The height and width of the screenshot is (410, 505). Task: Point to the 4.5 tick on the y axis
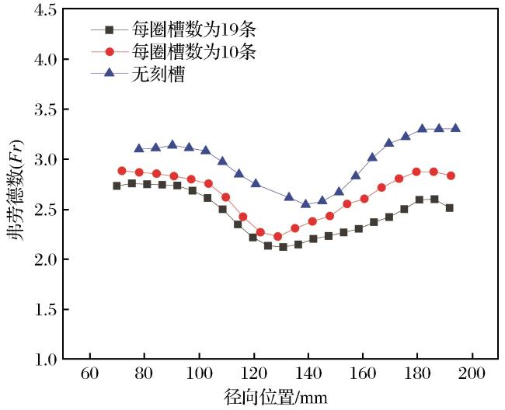pos(45,9)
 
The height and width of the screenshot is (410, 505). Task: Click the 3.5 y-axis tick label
pos(45,109)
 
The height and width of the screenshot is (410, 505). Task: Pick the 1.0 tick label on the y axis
pos(45,359)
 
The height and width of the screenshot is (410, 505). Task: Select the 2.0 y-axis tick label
pos(45,259)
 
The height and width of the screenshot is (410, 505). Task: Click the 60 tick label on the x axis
pos(90,374)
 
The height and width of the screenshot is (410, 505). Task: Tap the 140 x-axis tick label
pos(308,374)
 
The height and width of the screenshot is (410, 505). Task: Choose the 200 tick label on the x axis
pos(472,374)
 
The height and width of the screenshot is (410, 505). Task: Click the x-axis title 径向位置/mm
pos(276,397)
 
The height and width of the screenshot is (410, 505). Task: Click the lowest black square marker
pos(283,247)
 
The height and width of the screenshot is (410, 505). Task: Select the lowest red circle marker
pos(277,237)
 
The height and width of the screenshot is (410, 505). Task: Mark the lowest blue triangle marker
pos(306,203)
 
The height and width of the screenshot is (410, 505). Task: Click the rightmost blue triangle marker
pos(456,128)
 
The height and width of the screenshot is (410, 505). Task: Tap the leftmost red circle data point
pos(122,171)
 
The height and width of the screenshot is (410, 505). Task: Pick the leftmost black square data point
pos(117,186)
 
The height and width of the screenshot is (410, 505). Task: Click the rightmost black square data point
pos(450,208)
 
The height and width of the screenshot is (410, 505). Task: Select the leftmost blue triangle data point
pos(139,148)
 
